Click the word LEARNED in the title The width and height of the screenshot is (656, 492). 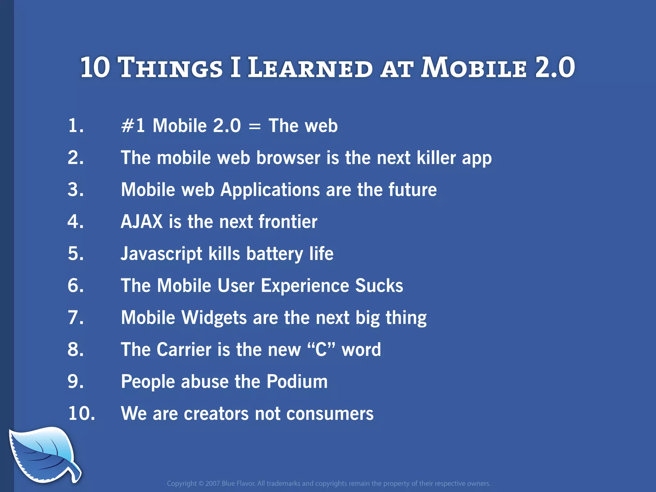coord(310,68)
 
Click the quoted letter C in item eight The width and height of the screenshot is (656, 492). coord(321,349)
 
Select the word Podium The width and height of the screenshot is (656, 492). coord(297,381)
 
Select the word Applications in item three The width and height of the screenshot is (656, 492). coord(270,190)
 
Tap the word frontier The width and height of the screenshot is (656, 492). coord(288,222)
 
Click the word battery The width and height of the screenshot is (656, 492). coord(275,254)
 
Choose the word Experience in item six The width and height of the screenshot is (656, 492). coord(305,286)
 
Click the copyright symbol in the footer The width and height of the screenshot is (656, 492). coord(201,484)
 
